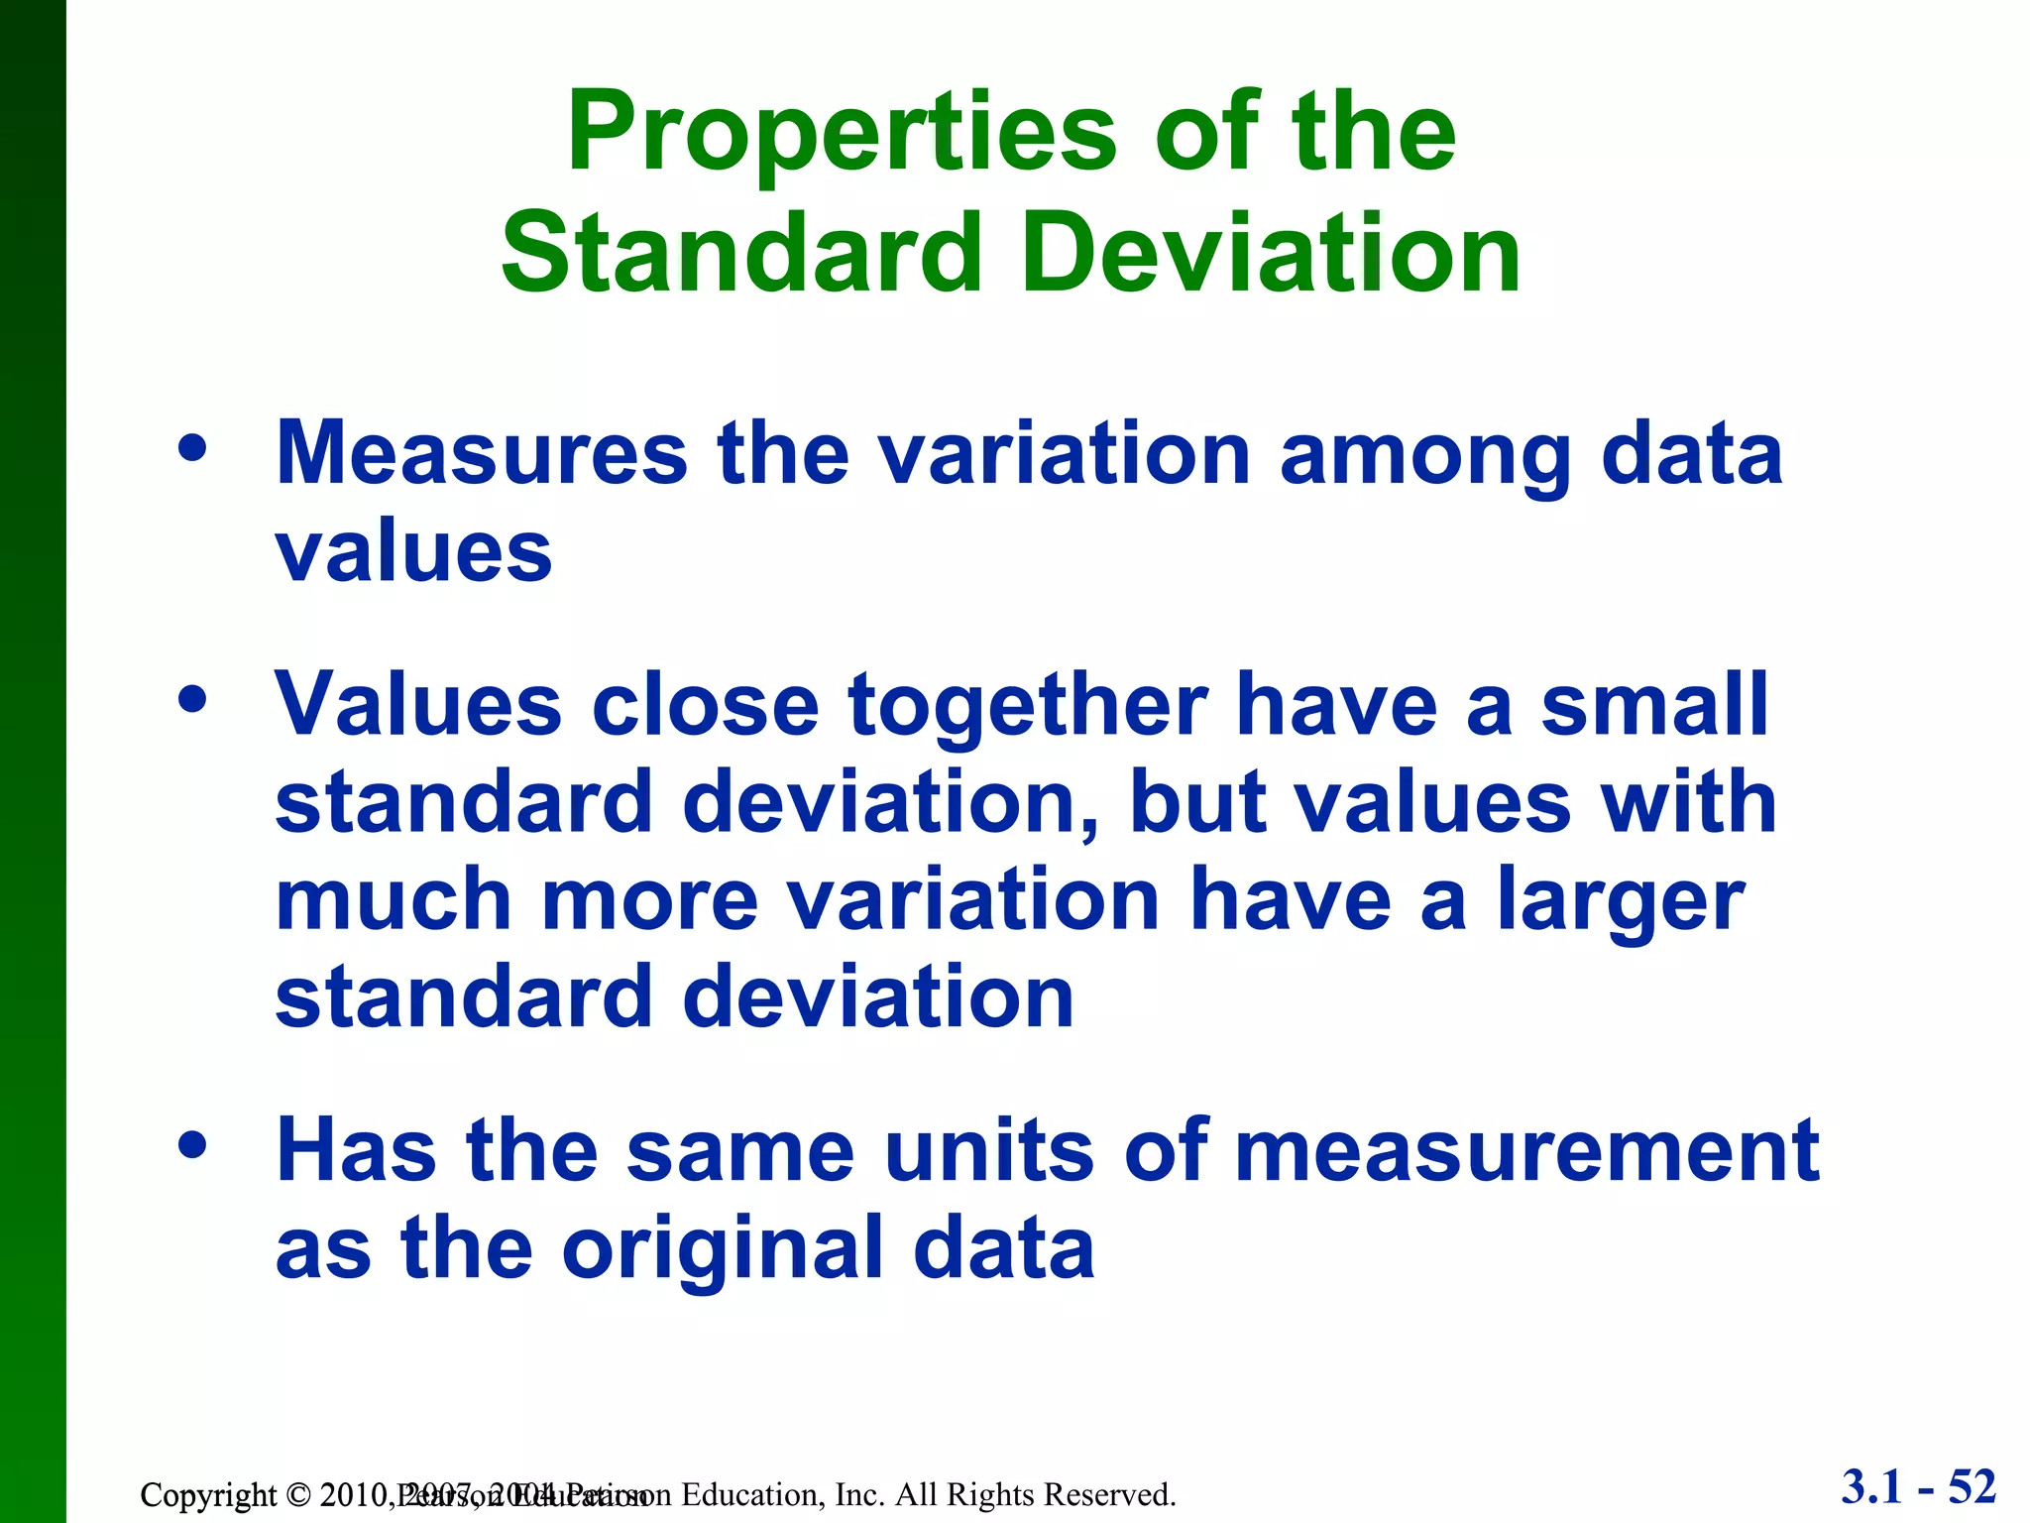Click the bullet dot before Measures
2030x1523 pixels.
[x=192, y=449]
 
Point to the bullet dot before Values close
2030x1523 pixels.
[x=192, y=700]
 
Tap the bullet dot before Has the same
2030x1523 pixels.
[x=192, y=1146]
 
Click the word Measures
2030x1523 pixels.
[x=481, y=454]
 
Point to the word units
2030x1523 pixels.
[x=988, y=1152]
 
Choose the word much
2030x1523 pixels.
[x=394, y=900]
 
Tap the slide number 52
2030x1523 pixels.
[x=1972, y=1487]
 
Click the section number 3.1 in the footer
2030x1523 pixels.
[x=1872, y=1487]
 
